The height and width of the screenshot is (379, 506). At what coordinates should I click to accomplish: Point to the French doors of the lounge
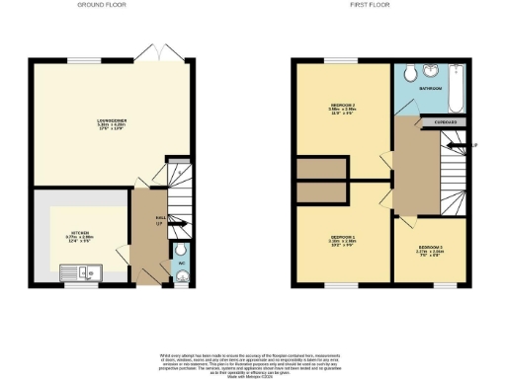pos(149,52)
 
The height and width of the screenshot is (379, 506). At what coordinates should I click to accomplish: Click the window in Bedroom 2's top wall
pos(342,61)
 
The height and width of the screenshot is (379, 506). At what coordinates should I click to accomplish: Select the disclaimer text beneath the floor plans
pos(253,361)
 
